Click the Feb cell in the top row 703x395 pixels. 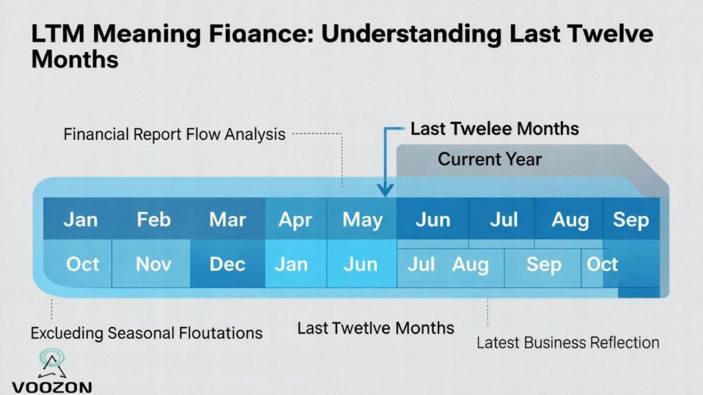[x=154, y=219]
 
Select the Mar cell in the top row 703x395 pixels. [x=227, y=219]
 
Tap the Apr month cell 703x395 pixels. [x=296, y=219]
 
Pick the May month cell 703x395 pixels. [x=362, y=219]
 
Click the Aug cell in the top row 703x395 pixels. [x=571, y=219]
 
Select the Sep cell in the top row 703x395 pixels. [x=630, y=219]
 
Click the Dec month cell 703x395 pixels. [x=227, y=264]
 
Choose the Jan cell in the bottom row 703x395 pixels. [x=291, y=264]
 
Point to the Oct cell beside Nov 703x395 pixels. [x=82, y=264]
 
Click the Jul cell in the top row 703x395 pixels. [x=504, y=219]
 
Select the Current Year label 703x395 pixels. [x=489, y=160]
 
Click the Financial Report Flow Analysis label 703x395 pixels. [x=174, y=134]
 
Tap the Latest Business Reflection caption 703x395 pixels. [x=568, y=342]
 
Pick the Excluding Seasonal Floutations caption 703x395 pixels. [x=146, y=333]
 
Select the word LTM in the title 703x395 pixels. [x=60, y=34]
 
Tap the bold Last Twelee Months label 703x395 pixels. [x=494, y=128]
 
